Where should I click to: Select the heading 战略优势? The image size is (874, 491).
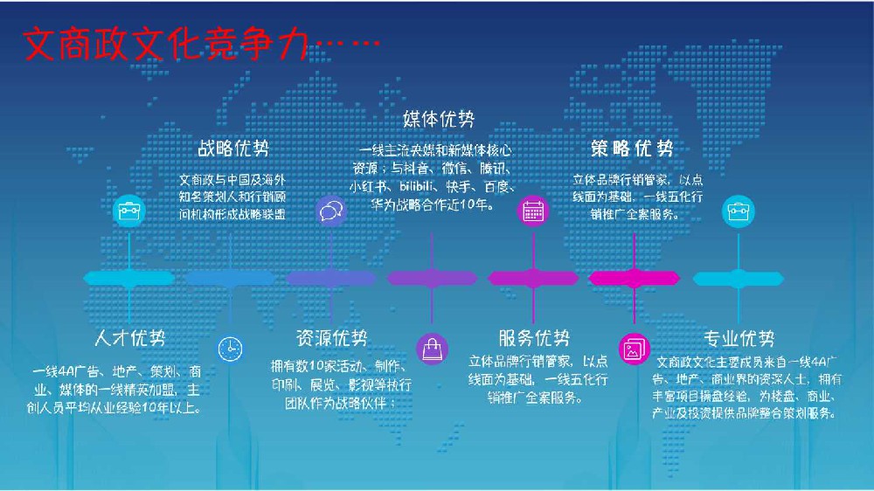pos(232,147)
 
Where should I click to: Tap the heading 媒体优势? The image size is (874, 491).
pos(439,118)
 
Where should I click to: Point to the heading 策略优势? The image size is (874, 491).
pos(632,147)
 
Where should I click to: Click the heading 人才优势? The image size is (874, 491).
pos(129,338)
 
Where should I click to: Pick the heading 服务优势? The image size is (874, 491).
pos(534,338)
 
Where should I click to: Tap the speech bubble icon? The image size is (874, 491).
pos(331,211)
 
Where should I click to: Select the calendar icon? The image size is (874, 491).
pos(532,210)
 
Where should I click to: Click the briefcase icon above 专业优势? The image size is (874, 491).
pos(734,210)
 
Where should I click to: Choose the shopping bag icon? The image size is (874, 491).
pos(432,348)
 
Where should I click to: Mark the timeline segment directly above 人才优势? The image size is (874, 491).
pos(129,279)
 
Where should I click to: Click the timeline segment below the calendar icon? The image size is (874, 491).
pos(532,279)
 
